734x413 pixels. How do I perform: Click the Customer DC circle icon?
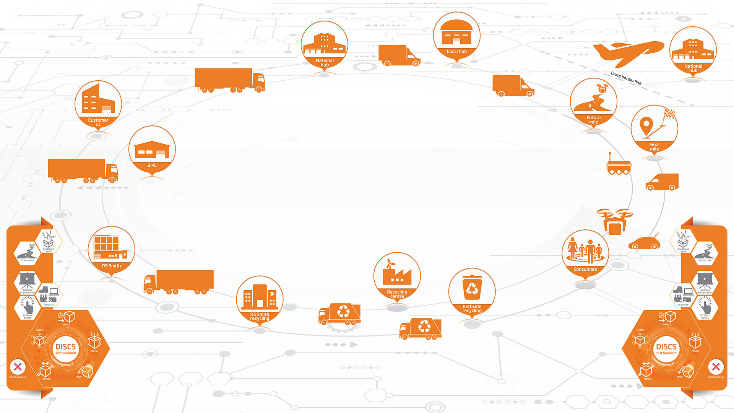click(98, 103)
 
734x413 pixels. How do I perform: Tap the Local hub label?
click(456, 52)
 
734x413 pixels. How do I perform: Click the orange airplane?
click(629, 52)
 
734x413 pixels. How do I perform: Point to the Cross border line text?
click(626, 78)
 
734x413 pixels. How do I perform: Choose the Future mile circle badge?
click(593, 102)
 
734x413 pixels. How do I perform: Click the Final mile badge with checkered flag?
click(654, 128)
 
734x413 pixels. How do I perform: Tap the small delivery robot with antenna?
click(619, 166)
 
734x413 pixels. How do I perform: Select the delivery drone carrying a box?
click(614, 221)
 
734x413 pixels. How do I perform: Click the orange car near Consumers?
click(645, 242)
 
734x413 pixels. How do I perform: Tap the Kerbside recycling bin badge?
click(472, 291)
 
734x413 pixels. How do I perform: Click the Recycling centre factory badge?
click(397, 276)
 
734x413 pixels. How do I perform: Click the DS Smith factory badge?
click(111, 250)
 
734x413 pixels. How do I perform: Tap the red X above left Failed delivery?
click(18, 367)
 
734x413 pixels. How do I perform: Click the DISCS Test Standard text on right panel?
click(666, 349)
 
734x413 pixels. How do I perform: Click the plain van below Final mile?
click(662, 182)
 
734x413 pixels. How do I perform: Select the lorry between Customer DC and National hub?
click(229, 80)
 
